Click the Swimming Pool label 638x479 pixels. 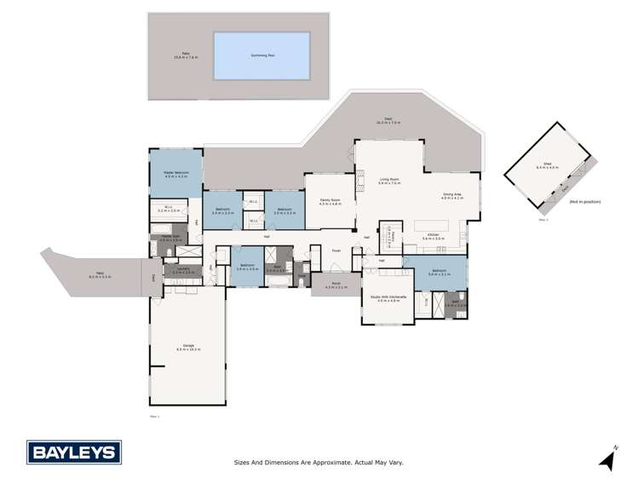click(x=261, y=55)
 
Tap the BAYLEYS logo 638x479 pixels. click(x=74, y=452)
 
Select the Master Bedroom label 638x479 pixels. click(x=176, y=174)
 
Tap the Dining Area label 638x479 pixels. click(x=451, y=196)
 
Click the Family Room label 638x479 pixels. click(x=330, y=202)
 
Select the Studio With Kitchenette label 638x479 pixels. click(x=389, y=297)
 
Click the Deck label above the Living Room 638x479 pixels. click(x=388, y=121)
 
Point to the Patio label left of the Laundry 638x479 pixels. click(x=98, y=274)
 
